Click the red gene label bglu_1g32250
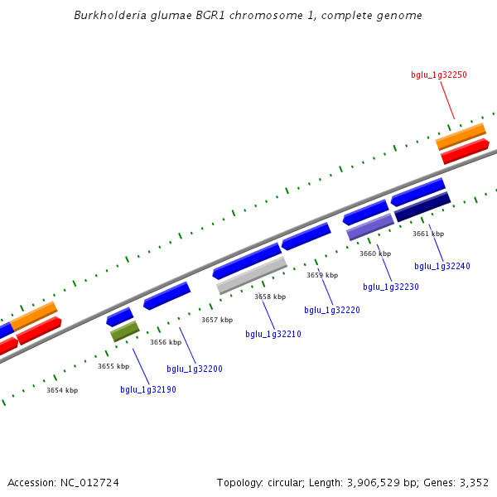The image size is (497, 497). click(x=439, y=75)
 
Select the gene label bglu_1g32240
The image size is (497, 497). click(x=442, y=266)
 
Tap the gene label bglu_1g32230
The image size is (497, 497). click(x=391, y=287)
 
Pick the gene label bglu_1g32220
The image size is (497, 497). click(x=332, y=310)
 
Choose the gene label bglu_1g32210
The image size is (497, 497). click(x=273, y=334)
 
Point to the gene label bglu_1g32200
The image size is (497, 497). click(x=195, y=369)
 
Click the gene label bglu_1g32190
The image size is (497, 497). click(x=148, y=389)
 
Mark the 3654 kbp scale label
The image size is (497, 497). click(x=62, y=390)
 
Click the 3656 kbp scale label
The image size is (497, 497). click(x=166, y=342)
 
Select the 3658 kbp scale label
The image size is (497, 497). click(x=270, y=297)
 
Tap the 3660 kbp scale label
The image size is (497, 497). click(x=375, y=253)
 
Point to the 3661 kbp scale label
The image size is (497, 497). click(x=428, y=234)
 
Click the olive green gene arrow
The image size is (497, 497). click(x=125, y=331)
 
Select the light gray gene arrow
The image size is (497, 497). click(x=252, y=275)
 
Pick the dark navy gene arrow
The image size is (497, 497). click(x=422, y=207)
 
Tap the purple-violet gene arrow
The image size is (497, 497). click(x=370, y=227)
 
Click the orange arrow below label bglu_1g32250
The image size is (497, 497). click(x=461, y=136)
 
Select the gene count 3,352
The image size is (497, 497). click(x=473, y=482)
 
